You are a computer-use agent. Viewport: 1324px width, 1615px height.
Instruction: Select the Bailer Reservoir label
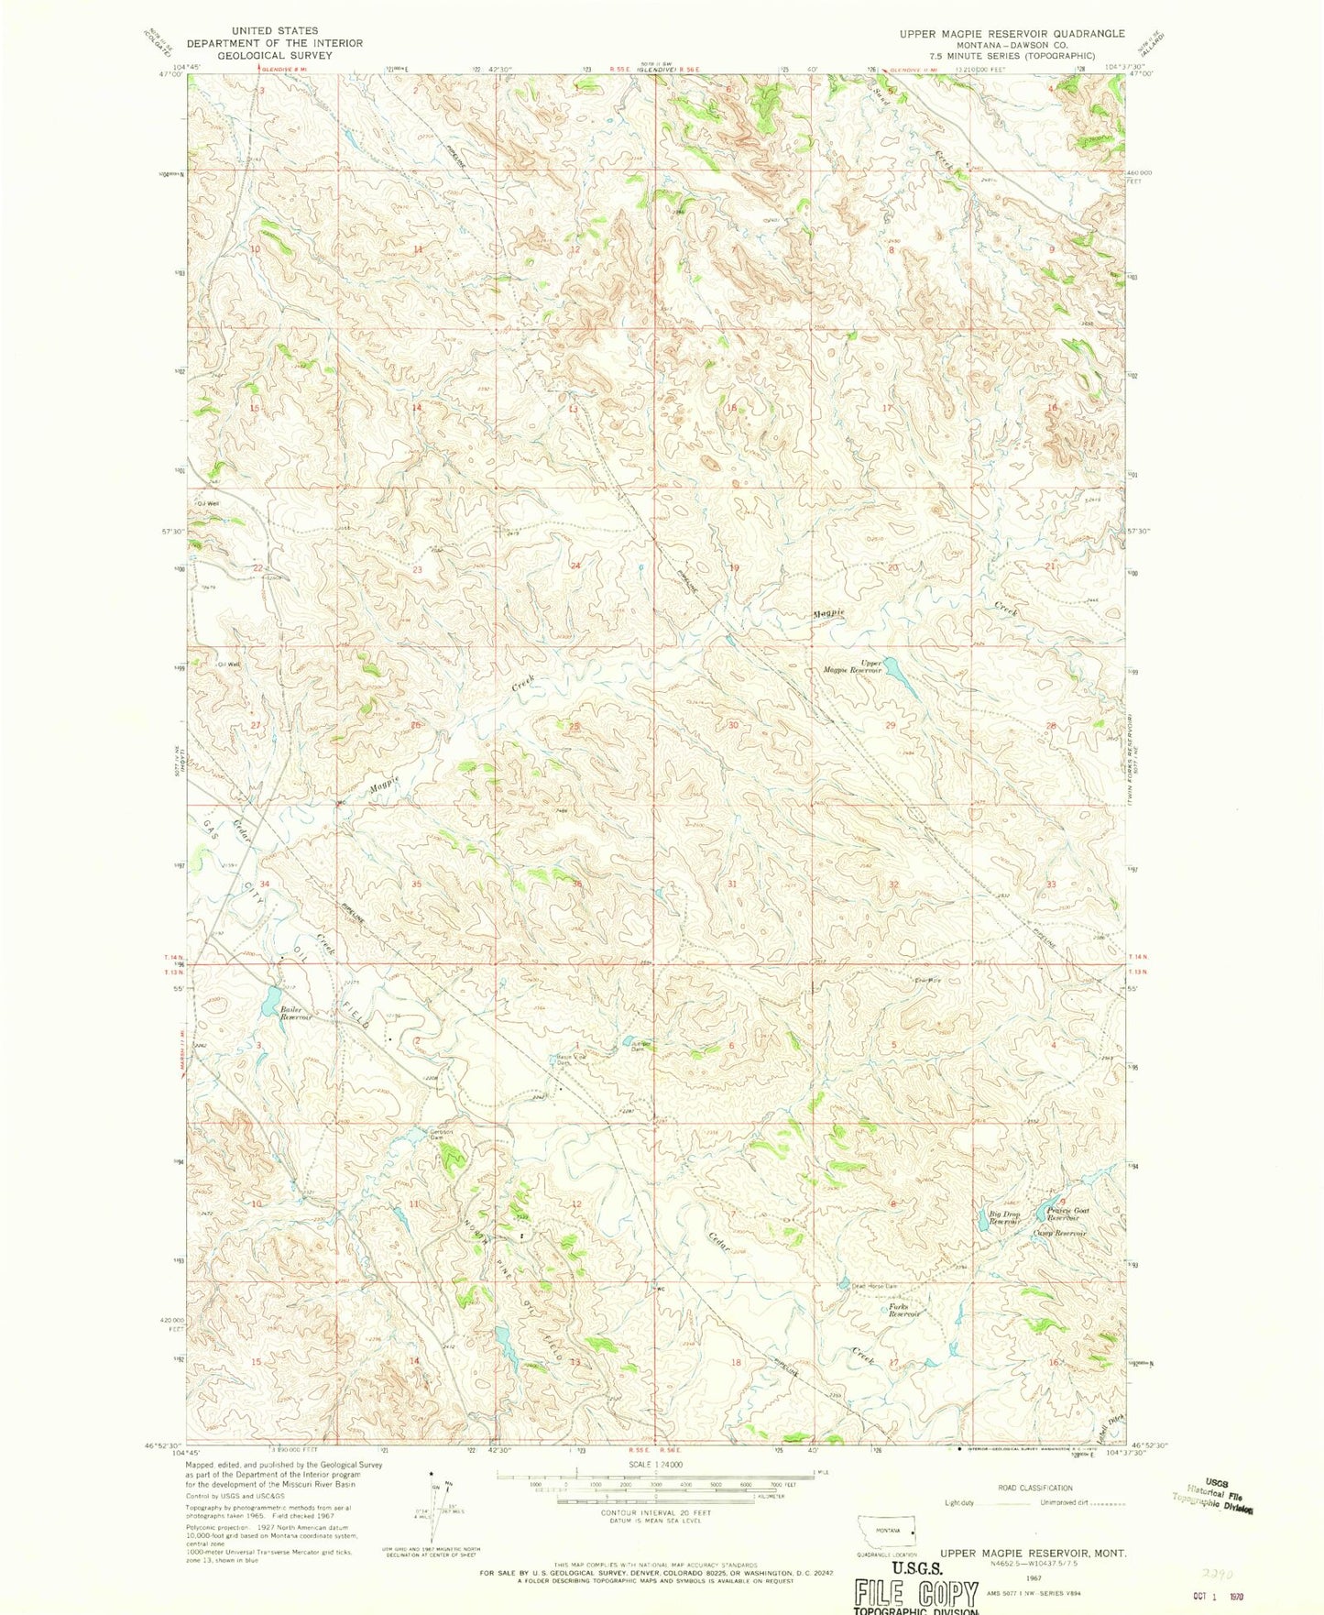tap(296, 1014)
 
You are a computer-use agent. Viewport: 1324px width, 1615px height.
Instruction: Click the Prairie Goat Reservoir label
tap(1063, 1214)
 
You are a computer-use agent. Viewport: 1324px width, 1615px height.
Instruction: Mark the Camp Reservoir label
tap(1059, 1233)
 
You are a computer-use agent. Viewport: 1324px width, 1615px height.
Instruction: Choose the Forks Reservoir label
tap(904, 1311)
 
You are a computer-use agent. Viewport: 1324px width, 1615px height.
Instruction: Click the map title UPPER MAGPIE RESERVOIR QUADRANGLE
tap(999, 34)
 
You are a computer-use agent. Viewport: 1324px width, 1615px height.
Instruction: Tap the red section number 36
tap(577, 884)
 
